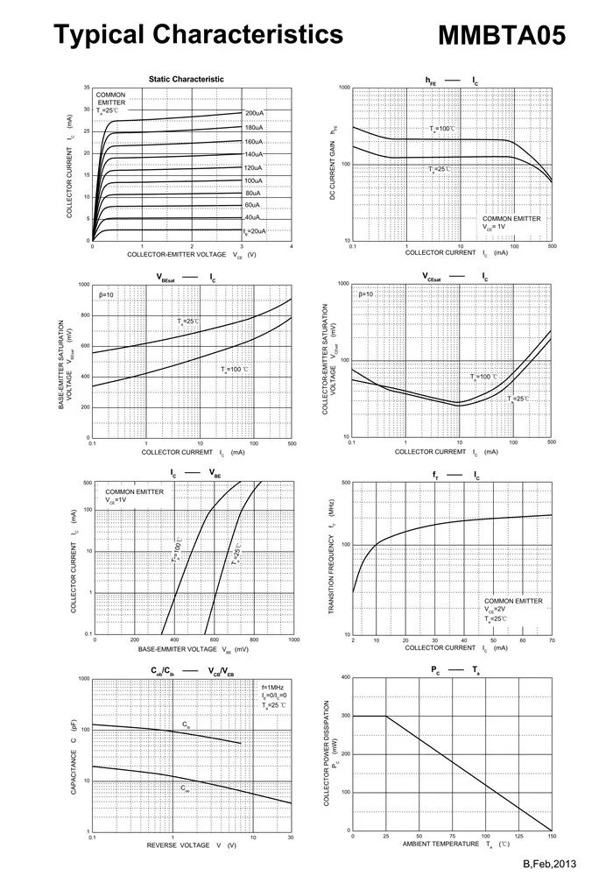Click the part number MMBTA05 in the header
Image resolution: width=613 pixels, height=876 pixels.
coord(501,35)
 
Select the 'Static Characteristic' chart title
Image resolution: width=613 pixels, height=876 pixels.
coord(186,79)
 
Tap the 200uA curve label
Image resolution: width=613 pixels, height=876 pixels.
coord(255,114)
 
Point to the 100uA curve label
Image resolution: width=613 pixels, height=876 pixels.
coord(255,180)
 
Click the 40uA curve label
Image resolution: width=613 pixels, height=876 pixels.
coord(252,217)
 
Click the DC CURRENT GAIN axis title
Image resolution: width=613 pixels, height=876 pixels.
coord(334,164)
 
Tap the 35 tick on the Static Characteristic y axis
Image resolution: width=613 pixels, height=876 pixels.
coord(87,88)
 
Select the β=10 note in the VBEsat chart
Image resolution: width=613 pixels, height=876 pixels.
coord(106,294)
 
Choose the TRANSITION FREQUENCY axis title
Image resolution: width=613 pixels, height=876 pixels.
coord(333,559)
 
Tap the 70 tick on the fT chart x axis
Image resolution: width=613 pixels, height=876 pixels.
coord(551,641)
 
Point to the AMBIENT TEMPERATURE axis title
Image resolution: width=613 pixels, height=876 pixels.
coord(443,844)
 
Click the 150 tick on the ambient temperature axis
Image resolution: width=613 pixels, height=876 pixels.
coord(551,837)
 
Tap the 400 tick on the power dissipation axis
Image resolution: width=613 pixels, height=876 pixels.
coord(346,678)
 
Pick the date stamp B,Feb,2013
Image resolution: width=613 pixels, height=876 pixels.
coord(552,864)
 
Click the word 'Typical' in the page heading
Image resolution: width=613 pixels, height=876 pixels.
coord(96,35)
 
